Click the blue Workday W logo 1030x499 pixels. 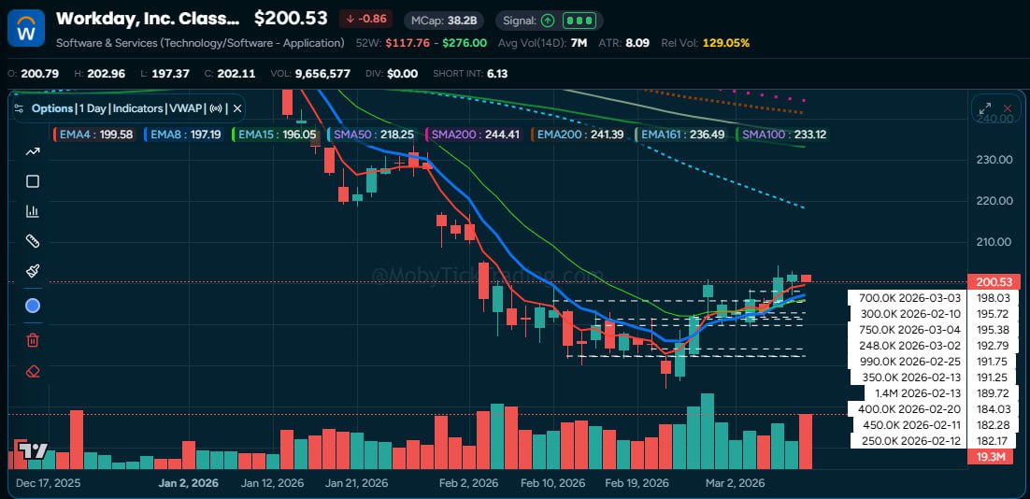tap(26, 28)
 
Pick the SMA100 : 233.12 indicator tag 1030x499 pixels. tap(783, 135)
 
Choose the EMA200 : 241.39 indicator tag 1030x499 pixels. tap(579, 135)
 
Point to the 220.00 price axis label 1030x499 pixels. tap(992, 201)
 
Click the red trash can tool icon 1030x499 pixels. tap(33, 339)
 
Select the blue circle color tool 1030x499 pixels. tap(33, 306)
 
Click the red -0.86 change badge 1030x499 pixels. tap(366, 19)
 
